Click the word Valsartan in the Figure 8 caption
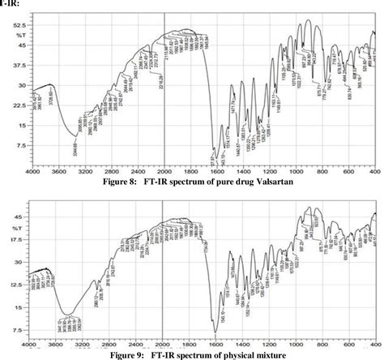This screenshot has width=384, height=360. pos(270,183)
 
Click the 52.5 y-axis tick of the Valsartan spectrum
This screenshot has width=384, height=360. pos(15,25)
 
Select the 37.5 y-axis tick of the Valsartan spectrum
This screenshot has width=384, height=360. pos(15,66)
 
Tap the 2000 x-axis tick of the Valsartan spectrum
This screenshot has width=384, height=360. pos(164,173)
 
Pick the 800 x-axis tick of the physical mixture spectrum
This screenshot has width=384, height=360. pos(323,344)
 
